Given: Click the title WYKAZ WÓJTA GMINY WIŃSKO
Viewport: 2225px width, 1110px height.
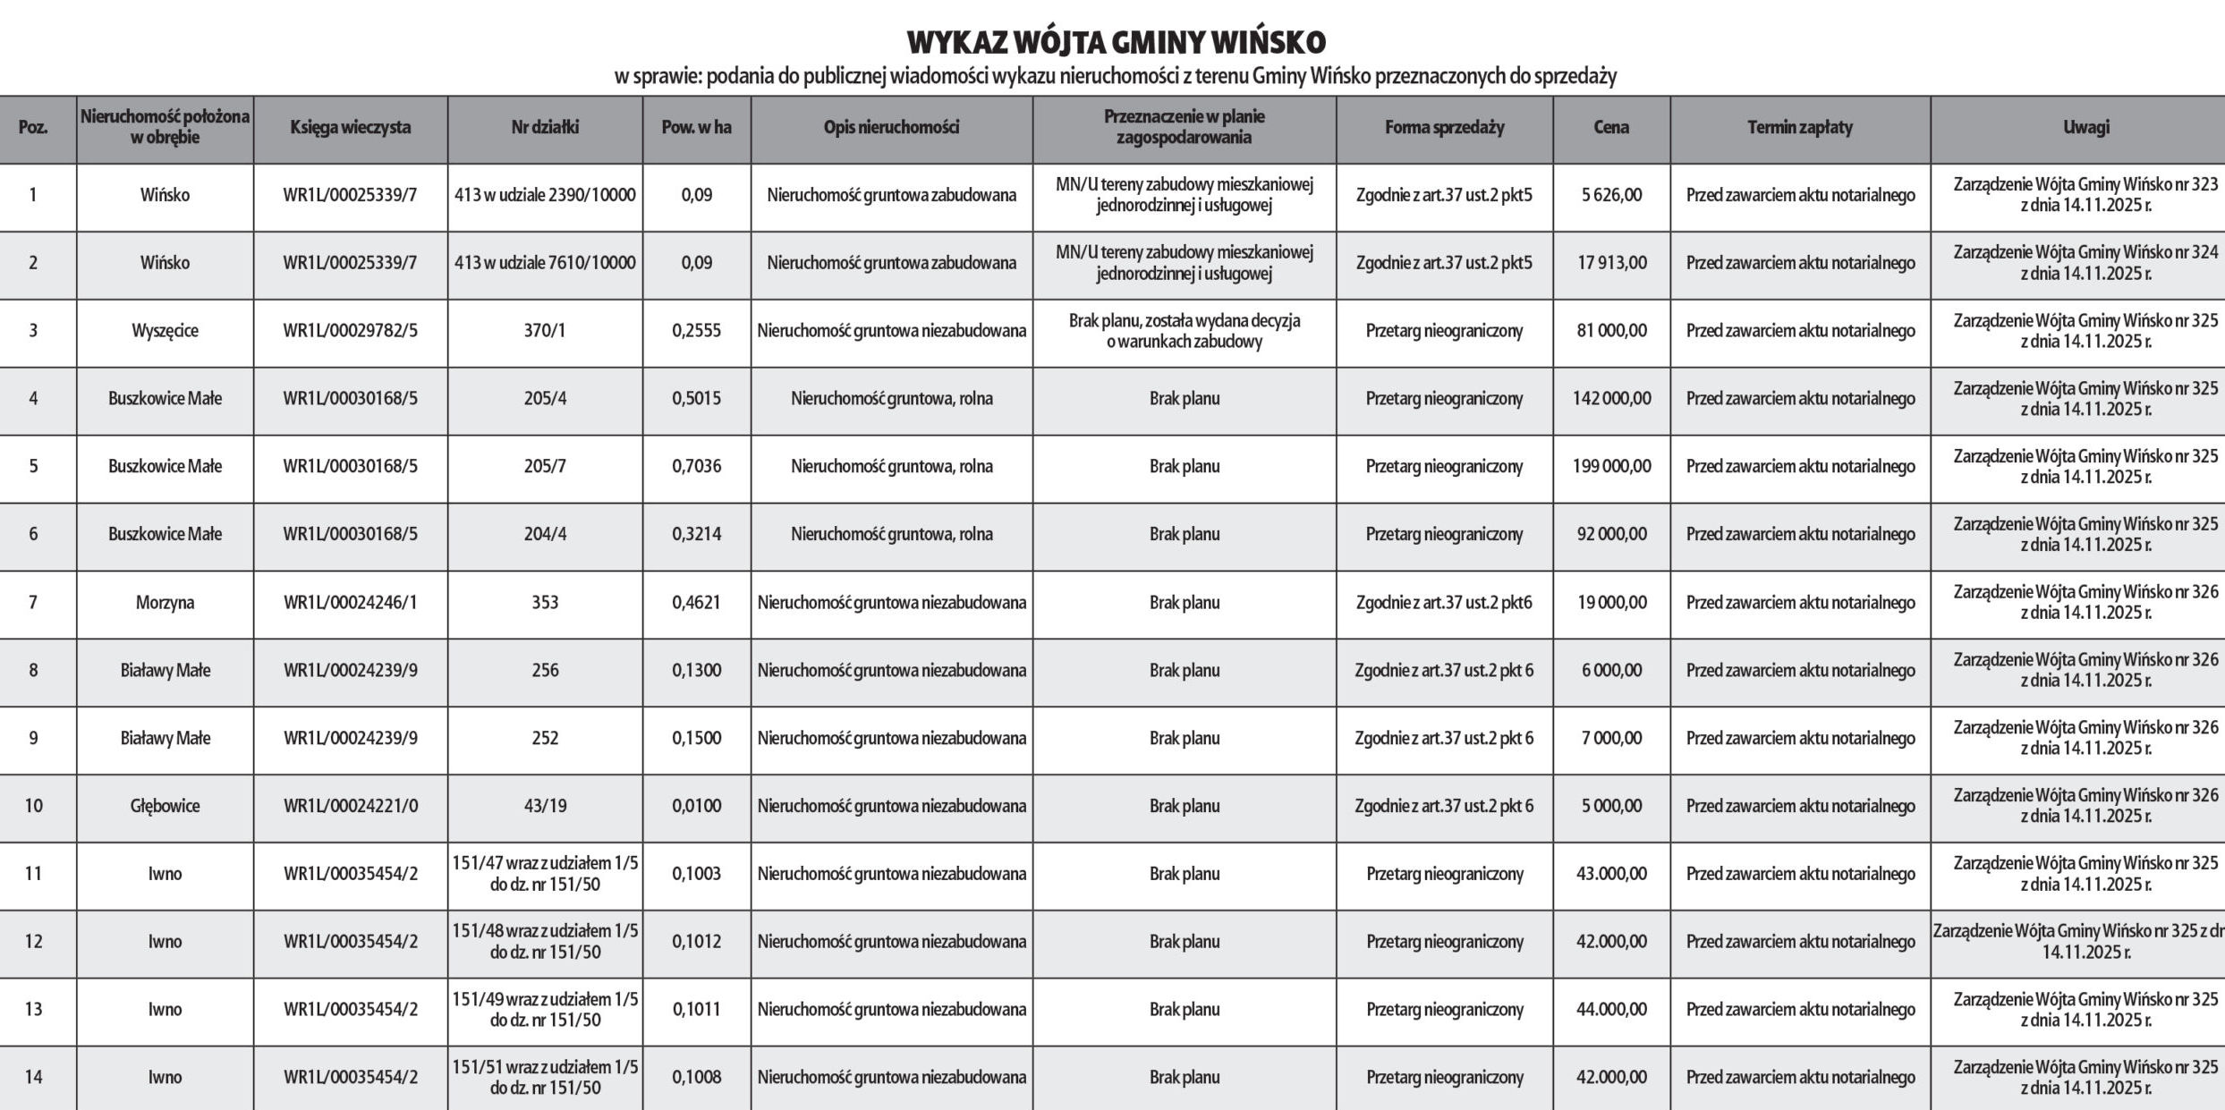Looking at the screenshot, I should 1116,42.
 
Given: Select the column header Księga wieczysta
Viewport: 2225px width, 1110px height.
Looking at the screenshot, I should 350,127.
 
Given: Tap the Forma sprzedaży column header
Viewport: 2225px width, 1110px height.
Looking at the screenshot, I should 1444,127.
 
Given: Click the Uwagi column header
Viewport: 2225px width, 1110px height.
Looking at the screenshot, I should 2085,127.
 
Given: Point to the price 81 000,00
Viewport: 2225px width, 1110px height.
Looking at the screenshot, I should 1611,331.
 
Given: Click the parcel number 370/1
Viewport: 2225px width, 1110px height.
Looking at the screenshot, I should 545,331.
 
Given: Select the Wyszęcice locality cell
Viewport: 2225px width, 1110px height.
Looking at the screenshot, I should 165,331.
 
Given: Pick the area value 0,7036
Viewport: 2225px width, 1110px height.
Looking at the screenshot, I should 696,466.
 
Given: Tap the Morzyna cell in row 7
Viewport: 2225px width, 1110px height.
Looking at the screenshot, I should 165,603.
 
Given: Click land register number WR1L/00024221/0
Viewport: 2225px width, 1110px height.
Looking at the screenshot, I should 350,806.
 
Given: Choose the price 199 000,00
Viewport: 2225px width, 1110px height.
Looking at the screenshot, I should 1611,466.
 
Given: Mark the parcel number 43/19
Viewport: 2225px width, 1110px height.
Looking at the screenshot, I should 545,806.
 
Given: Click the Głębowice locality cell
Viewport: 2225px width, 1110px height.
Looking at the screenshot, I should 165,806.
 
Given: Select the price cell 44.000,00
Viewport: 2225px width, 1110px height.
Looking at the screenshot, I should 1611,1009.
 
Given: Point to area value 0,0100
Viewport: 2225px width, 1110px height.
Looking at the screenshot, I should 696,806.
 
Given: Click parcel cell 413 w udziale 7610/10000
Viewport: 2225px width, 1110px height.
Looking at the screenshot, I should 545,263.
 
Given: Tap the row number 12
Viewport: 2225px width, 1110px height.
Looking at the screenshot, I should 33,941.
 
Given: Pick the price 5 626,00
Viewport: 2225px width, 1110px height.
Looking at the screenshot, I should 1611,195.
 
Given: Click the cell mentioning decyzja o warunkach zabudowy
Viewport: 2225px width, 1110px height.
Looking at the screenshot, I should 1184,331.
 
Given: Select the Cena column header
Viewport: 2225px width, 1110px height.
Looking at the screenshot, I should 1611,127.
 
